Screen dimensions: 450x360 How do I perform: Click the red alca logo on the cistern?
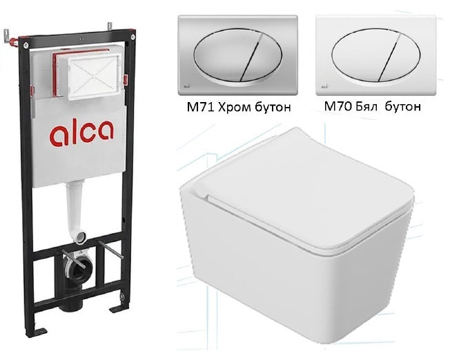coord(81,132)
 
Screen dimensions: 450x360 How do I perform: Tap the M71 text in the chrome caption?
coord(200,107)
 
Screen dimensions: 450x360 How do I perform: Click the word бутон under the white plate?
coord(403,107)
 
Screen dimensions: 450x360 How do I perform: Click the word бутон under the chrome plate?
coord(273,108)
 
